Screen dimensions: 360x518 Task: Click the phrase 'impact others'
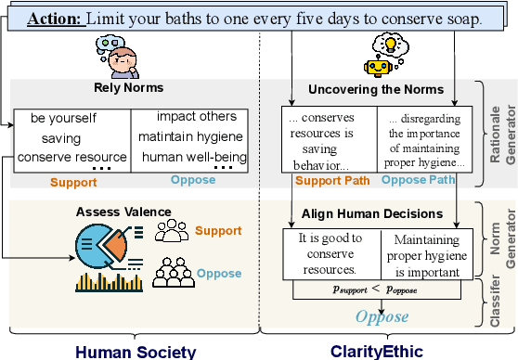pos(196,117)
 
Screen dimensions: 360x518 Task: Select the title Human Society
pos(135,351)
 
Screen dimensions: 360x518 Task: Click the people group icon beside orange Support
pos(171,232)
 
